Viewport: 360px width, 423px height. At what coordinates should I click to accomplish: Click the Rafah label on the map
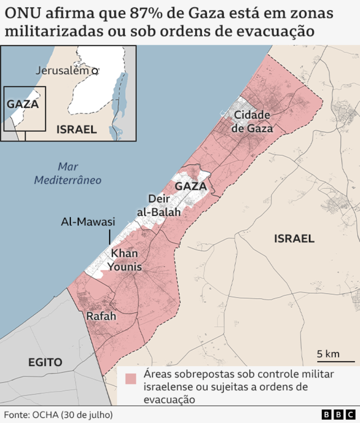(101, 316)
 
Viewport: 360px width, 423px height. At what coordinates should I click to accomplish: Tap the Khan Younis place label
(124, 260)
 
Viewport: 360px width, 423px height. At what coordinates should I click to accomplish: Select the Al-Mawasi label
(88, 222)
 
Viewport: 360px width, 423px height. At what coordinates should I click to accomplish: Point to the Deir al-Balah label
(158, 205)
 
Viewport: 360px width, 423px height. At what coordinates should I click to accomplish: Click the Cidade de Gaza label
(252, 121)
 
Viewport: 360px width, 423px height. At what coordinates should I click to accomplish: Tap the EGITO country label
(45, 362)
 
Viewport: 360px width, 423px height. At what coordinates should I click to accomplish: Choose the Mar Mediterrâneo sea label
(68, 173)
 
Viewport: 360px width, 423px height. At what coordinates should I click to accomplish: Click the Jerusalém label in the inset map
(62, 71)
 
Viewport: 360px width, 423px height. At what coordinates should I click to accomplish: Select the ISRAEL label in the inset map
(76, 129)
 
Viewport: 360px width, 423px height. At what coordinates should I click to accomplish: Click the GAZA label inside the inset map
(22, 104)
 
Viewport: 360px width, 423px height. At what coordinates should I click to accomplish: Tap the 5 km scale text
(328, 354)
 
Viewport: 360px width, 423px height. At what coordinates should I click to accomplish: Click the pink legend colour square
(131, 379)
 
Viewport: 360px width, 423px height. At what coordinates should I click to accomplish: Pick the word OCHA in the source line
(44, 414)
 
